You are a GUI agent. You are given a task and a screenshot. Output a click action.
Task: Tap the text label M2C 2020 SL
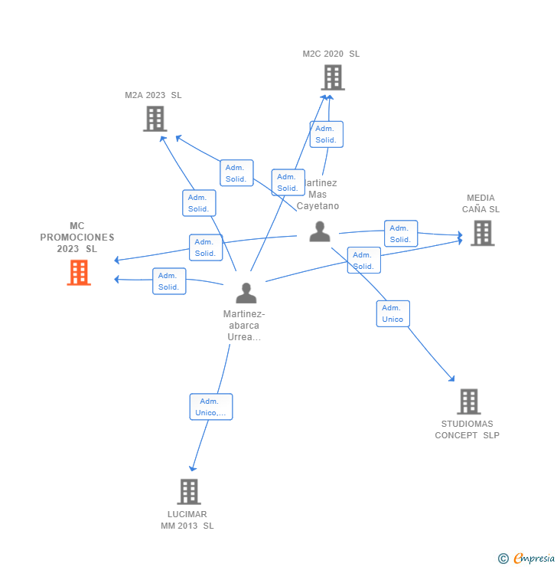tap(331, 54)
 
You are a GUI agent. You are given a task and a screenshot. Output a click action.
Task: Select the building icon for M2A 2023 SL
tap(155, 119)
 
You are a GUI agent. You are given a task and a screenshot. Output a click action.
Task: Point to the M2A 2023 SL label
tap(153, 95)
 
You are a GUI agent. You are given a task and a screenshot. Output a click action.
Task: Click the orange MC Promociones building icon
tap(79, 273)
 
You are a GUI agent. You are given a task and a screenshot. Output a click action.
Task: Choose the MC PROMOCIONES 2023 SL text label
tap(77, 238)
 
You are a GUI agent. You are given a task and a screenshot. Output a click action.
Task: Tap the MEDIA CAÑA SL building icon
tap(482, 233)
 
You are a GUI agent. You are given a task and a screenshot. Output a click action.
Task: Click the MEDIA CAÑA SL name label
tap(480, 203)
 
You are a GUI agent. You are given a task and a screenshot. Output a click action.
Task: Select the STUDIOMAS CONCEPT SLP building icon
tap(468, 401)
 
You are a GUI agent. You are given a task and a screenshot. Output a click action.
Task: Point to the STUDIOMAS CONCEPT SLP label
tap(467, 429)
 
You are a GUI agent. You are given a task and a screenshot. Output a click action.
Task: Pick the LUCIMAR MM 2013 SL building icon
tap(188, 491)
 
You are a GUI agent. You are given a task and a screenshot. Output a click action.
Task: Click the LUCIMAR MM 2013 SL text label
tap(187, 519)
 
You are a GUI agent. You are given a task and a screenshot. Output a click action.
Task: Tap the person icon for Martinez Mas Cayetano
tap(320, 231)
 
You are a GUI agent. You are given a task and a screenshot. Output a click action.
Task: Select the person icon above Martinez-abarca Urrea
tap(246, 293)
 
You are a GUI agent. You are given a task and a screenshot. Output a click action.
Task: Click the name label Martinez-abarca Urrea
tap(244, 325)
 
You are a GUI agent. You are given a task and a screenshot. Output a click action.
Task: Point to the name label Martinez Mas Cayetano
tap(318, 195)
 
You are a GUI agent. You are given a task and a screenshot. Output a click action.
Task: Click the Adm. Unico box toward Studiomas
tap(393, 313)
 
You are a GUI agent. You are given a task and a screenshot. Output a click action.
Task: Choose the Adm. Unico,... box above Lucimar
tap(210, 407)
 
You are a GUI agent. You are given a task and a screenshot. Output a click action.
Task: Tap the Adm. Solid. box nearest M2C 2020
tap(326, 134)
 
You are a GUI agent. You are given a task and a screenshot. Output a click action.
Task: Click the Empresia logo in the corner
tap(528, 559)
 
